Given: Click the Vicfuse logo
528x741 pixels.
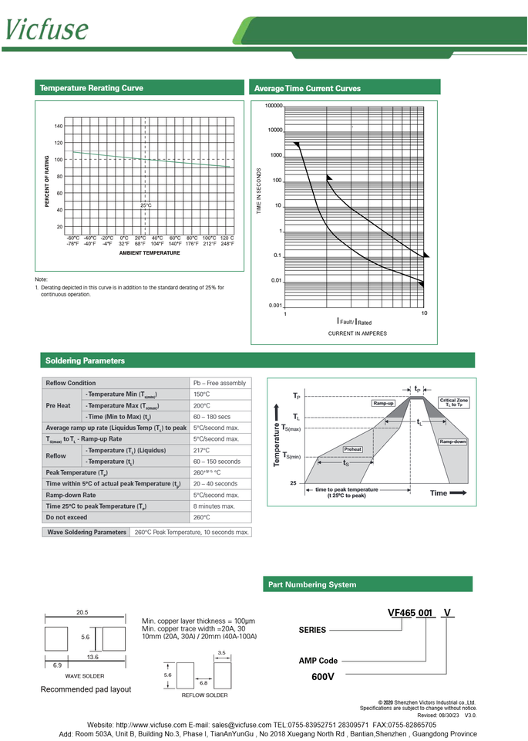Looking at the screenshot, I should click(x=47, y=29).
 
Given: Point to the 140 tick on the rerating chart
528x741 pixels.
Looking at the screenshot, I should click(x=59, y=126).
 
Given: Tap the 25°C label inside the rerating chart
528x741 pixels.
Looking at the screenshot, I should click(x=146, y=205).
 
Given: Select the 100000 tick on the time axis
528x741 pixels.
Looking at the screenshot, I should click(x=274, y=106).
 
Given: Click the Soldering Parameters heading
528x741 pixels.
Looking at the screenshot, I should click(x=85, y=360).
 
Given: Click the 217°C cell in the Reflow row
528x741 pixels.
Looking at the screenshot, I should click(x=202, y=450).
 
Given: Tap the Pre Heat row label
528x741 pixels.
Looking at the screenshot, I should click(x=59, y=405).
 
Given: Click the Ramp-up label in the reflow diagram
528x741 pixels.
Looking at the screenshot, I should click(x=383, y=404).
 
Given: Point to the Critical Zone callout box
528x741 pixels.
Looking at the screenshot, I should click(x=453, y=402).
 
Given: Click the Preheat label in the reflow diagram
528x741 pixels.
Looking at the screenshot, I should click(x=353, y=448).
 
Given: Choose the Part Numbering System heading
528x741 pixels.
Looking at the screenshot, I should click(x=312, y=585).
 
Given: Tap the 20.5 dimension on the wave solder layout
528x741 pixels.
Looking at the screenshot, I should click(x=82, y=612).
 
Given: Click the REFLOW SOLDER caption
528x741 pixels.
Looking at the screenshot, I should click(x=204, y=695).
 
